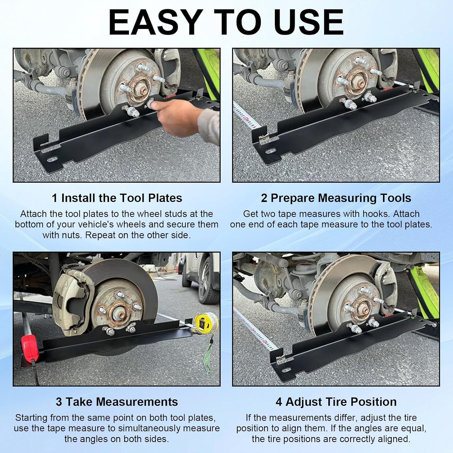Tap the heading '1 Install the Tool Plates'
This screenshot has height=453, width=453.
pyautogui.click(x=117, y=198)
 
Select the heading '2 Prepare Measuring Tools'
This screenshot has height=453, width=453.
pyautogui.click(x=336, y=198)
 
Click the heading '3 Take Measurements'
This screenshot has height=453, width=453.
pyautogui.click(x=117, y=402)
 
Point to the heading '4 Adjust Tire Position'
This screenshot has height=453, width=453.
pyautogui.click(x=336, y=402)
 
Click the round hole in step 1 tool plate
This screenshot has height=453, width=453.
pyautogui.click(x=52, y=159)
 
